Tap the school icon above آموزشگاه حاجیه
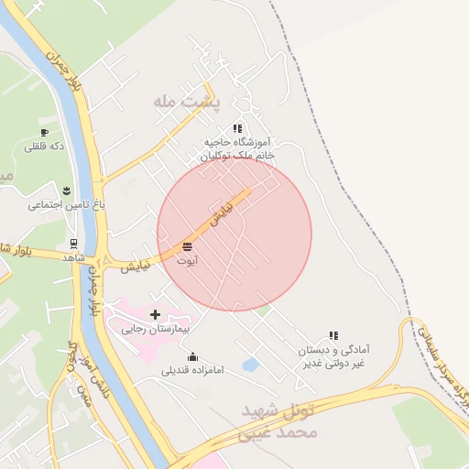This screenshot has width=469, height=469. [x=237, y=128]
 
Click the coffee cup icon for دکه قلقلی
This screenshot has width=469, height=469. [x=44, y=133]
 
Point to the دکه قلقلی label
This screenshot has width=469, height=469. [x=45, y=147]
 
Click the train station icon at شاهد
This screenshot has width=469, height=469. [x=72, y=244]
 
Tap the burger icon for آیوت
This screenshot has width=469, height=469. [x=188, y=247]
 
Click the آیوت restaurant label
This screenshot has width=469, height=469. [x=188, y=261]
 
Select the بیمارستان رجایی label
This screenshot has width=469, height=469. [x=156, y=328]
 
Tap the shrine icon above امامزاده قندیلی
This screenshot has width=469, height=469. [x=192, y=356]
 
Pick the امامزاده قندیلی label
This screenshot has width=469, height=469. [x=187, y=371]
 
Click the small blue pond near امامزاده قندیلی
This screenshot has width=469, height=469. [x=249, y=365]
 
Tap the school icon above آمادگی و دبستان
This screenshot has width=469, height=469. [x=334, y=336]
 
